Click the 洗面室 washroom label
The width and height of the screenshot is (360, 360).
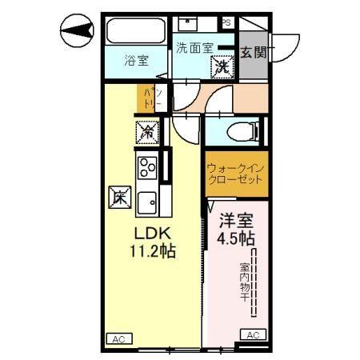[x=194, y=47]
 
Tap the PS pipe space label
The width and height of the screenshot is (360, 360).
[x=226, y=22]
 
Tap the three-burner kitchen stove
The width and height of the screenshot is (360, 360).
[x=148, y=167]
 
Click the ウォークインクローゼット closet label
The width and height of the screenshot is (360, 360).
[x=233, y=174]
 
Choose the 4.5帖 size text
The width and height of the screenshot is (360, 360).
[x=235, y=238]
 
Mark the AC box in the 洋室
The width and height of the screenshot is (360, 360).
[x=252, y=334]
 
